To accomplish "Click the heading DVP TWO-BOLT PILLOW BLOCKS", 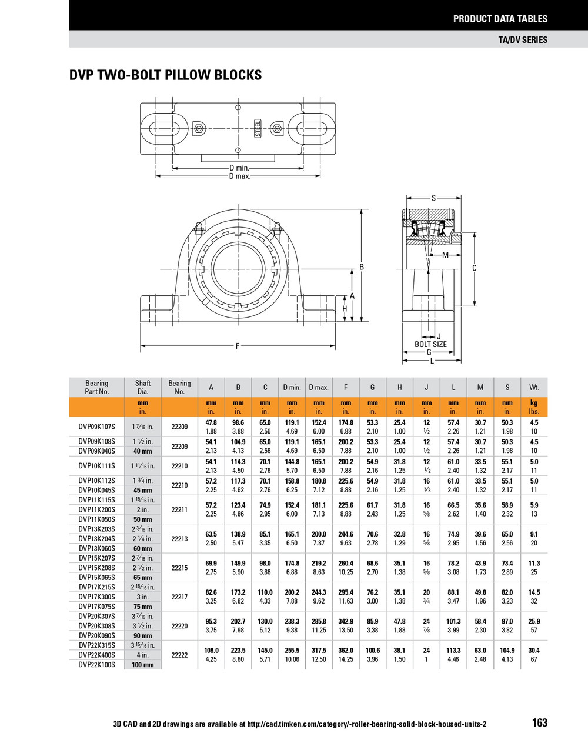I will (165, 75).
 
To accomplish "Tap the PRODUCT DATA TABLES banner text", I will (500, 19).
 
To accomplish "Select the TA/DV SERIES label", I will (522, 39).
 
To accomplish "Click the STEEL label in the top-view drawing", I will (257, 128).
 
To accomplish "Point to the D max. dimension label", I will (239, 176).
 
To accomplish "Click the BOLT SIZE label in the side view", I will (430, 344).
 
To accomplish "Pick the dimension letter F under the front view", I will (238, 346).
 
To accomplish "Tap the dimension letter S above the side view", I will (433, 198).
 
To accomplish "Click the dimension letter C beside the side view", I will (474, 268).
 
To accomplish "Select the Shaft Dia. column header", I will (143, 387).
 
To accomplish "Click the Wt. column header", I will (533, 387).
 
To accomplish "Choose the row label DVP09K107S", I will (97, 427).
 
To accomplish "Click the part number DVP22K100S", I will (97, 665).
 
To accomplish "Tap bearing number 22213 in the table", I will (179, 538).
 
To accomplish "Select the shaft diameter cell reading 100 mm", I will (142, 665).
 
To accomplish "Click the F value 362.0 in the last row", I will (345, 651).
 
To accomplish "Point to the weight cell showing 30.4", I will (533, 651).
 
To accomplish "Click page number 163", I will (539, 723).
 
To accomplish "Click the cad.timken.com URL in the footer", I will (366, 724).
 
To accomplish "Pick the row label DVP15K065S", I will (97, 577).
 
